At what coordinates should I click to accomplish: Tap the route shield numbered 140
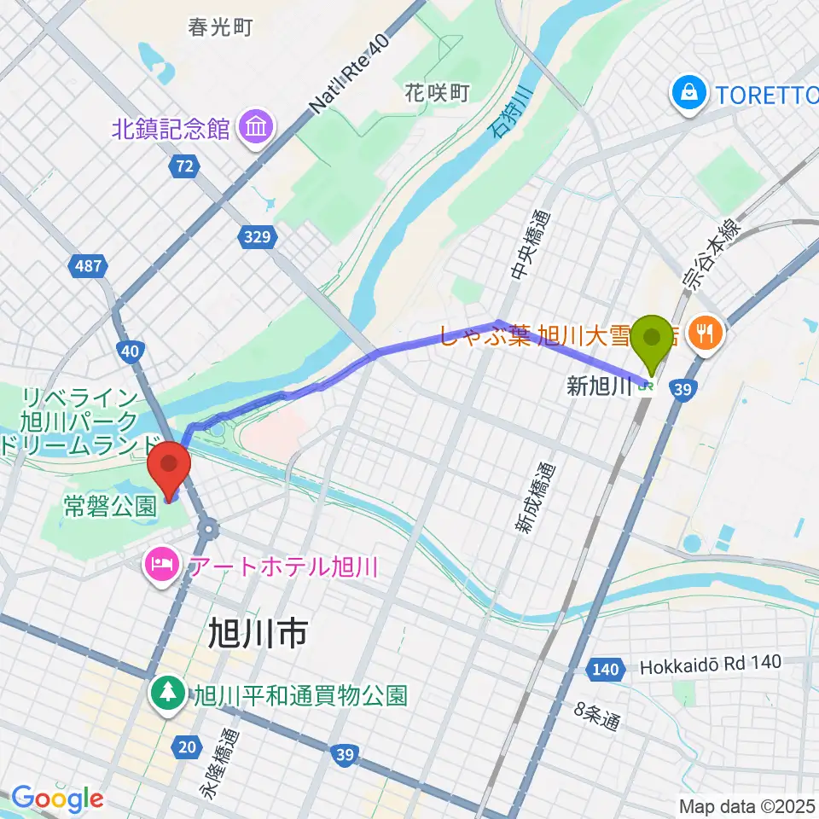click(x=605, y=670)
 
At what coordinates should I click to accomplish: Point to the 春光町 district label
click(x=221, y=27)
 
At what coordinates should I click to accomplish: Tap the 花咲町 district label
click(x=438, y=92)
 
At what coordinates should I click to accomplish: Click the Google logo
click(x=57, y=799)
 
